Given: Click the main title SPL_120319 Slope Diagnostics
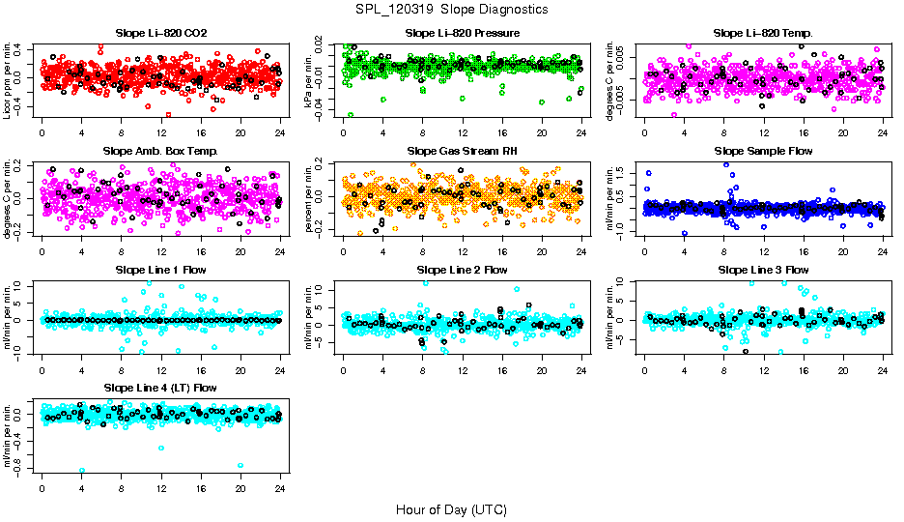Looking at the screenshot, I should (x=452, y=9).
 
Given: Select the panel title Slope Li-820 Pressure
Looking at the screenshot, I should (x=463, y=33).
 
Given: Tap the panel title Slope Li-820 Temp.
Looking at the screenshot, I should (x=763, y=33).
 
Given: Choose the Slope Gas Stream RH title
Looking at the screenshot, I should (x=463, y=152).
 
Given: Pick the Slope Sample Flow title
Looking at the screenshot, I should (x=763, y=152).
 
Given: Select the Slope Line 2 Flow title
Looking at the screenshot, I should (x=463, y=270).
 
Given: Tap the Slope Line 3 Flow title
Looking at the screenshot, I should (x=763, y=270).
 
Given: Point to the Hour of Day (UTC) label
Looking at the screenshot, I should (x=451, y=509).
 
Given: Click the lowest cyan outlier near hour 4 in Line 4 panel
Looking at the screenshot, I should (x=82, y=471).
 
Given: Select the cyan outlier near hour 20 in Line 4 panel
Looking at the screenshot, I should (x=240, y=466).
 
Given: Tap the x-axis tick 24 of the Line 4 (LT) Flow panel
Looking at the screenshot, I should (x=280, y=489).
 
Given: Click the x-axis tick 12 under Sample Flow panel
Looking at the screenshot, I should (x=763, y=252).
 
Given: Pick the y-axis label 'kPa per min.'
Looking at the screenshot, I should (x=310, y=80).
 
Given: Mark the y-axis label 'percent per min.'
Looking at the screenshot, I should (x=310, y=199).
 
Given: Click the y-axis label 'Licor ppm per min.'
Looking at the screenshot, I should (x=9, y=80).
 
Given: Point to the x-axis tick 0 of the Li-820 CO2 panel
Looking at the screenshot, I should (x=42, y=133).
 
